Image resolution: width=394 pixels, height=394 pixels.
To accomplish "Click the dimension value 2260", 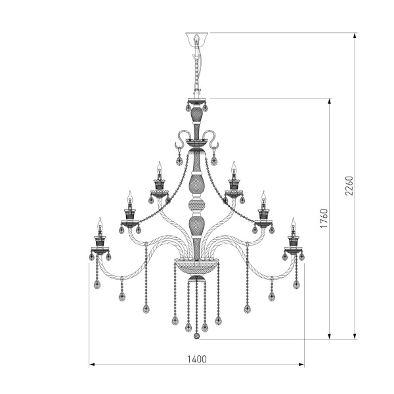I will point(349,185).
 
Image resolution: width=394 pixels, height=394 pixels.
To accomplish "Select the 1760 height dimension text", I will point(323,218).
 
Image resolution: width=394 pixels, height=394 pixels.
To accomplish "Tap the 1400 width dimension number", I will point(197,359).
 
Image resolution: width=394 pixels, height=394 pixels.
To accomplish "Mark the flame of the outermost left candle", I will point(100,223).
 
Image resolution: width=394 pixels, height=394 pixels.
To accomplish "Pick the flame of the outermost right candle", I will point(294,223).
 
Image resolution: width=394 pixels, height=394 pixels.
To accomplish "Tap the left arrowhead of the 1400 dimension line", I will point(92,364).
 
